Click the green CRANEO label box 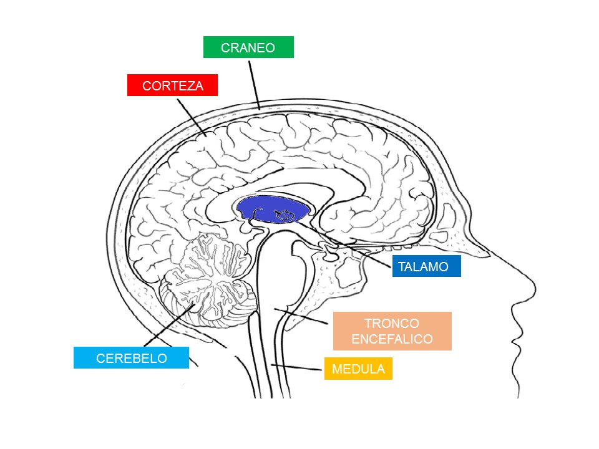pyautogui.click(x=248, y=47)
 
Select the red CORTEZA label pyautogui.click(x=172, y=85)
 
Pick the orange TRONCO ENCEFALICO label pyautogui.click(x=392, y=331)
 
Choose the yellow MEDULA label pyautogui.click(x=358, y=369)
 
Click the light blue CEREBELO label pyautogui.click(x=131, y=358)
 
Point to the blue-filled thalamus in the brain pyautogui.click(x=265, y=208)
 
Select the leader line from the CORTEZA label pyautogui.click(x=190, y=115)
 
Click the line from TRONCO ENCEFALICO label pyautogui.click(x=303, y=316)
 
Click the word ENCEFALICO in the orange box pyautogui.click(x=392, y=339)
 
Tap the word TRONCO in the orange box pyautogui.click(x=392, y=324)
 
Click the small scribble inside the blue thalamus pyautogui.click(x=285, y=216)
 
